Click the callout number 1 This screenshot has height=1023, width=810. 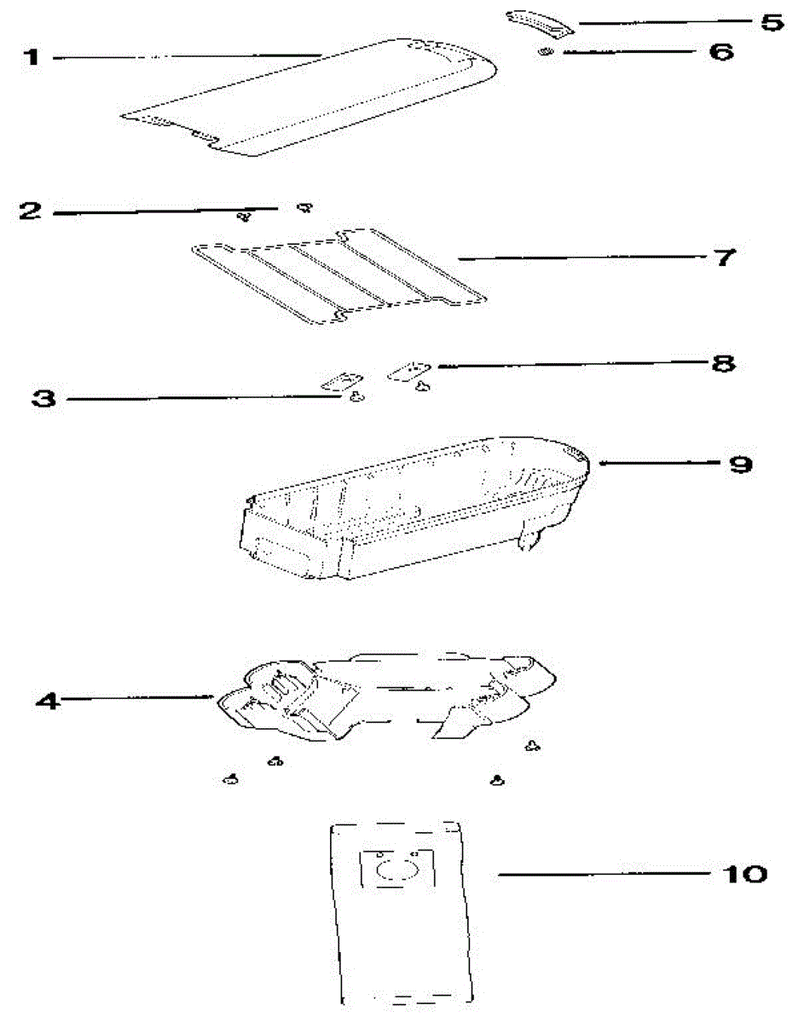(x=32, y=58)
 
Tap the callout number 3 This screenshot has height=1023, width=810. (x=44, y=398)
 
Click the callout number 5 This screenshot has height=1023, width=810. (x=772, y=22)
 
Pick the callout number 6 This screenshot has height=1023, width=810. (x=721, y=52)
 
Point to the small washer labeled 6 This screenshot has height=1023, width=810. (x=543, y=54)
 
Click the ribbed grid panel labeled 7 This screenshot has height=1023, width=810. (x=341, y=273)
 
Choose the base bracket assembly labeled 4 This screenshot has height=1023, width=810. (x=384, y=695)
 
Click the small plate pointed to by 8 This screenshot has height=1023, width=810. (x=406, y=371)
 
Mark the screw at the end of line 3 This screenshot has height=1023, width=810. (x=355, y=396)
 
